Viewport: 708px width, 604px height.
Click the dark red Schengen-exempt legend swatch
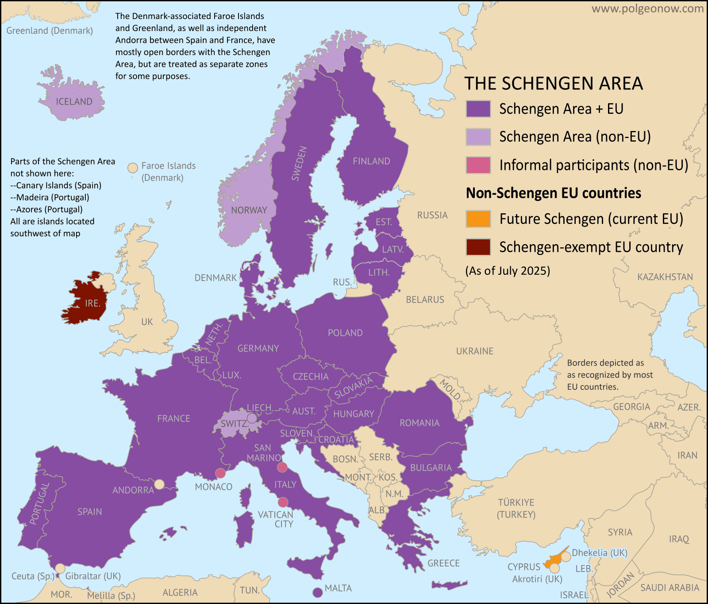click(478, 247)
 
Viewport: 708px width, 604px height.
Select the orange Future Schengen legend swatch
click(478, 219)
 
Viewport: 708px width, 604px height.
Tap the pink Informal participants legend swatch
click(478, 165)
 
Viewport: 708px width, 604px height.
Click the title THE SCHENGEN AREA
click(553, 84)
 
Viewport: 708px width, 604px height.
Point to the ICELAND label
click(74, 102)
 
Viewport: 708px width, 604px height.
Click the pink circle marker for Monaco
click(220, 473)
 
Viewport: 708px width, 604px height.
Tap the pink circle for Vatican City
click(283, 502)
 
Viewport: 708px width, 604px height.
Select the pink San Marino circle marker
click(282, 467)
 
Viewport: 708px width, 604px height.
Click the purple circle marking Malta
click(317, 592)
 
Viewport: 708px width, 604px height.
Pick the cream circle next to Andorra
click(159, 484)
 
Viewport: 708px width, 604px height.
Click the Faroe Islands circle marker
click(132, 168)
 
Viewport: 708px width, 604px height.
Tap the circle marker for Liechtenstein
click(252, 418)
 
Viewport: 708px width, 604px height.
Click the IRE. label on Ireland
click(92, 304)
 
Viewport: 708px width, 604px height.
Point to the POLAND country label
click(345, 333)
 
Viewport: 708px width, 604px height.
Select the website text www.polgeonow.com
click(647, 9)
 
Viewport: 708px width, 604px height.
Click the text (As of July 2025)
click(508, 271)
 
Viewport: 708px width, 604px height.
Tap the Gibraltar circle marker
click(60, 568)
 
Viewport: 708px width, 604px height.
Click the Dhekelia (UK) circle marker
click(566, 557)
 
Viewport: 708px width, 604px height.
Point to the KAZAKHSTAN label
click(665, 277)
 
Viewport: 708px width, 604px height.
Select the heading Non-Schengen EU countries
click(553, 193)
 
